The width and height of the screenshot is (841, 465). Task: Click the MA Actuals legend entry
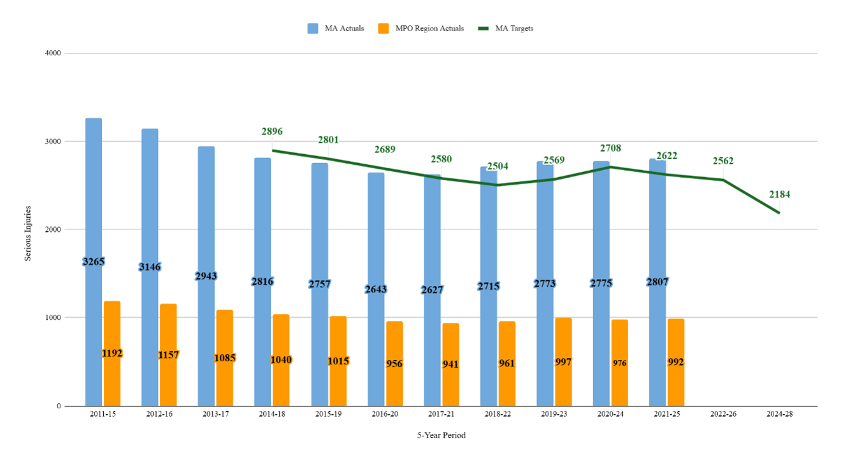click(336, 28)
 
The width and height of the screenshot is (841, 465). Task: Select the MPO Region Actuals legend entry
click(420, 28)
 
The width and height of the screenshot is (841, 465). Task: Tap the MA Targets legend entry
click(505, 28)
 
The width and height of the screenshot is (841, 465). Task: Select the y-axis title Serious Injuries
click(28, 230)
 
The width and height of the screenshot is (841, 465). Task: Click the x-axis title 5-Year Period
click(442, 436)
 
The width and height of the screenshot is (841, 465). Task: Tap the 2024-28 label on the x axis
click(779, 414)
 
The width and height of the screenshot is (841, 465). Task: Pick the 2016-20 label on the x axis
click(385, 414)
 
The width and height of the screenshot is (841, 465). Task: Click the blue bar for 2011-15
click(94, 191)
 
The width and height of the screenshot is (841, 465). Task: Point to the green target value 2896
click(272, 132)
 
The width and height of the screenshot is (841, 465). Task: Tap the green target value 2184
click(779, 194)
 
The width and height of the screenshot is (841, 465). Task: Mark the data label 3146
click(150, 267)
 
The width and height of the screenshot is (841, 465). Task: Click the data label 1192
click(112, 353)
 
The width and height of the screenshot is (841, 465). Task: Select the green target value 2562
click(723, 161)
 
